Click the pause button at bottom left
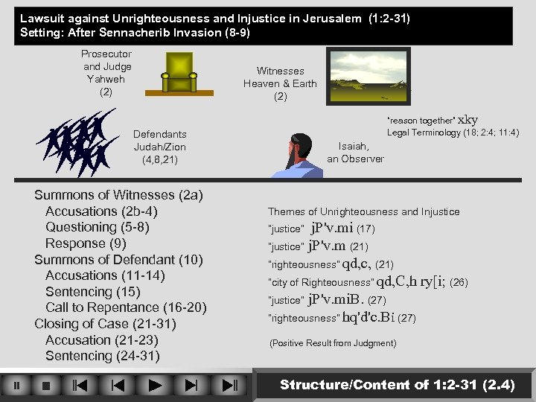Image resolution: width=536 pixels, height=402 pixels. coord(17,386)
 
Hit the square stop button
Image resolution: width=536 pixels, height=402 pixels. coord(46,386)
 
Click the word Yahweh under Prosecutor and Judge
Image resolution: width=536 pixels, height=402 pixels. coord(106,79)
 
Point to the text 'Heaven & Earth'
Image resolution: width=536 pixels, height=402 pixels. coord(280,83)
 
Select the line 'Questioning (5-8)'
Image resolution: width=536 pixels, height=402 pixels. coord(98,227)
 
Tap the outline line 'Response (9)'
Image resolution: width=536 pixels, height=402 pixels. coord(86,243)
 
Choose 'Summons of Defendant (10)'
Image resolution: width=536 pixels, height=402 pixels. coord(118,260)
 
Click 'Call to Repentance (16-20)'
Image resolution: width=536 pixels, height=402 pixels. coord(126,307)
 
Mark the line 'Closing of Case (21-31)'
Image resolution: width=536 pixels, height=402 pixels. coord(105,324)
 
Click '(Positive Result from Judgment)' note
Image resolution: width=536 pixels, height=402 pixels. coord(333,343)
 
